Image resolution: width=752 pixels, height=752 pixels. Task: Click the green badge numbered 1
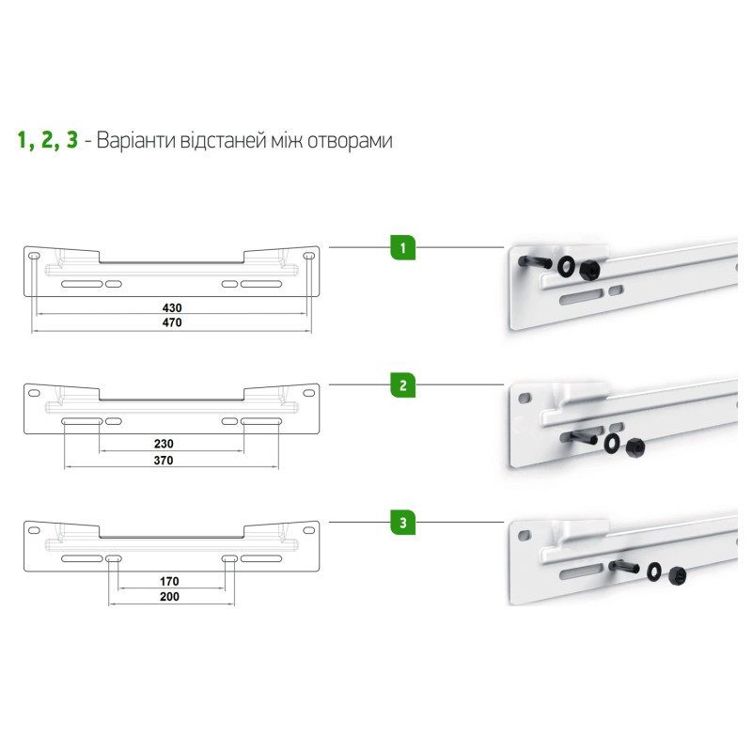pyautogui.click(x=403, y=248)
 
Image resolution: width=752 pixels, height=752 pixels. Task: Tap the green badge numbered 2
pyautogui.click(x=403, y=385)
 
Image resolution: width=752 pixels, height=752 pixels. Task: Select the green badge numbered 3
pyautogui.click(x=403, y=523)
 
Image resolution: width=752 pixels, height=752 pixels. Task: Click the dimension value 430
pyautogui.click(x=172, y=308)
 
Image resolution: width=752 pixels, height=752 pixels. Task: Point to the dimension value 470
pyautogui.click(x=172, y=322)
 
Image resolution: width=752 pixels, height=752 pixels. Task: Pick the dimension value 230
pyautogui.click(x=164, y=444)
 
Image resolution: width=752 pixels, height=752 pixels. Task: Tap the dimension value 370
pyautogui.click(x=164, y=461)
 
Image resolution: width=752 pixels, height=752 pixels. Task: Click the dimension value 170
pyautogui.click(x=169, y=581)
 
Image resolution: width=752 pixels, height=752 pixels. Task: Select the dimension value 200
pyautogui.click(x=169, y=597)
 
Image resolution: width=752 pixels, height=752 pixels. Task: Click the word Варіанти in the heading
pyautogui.click(x=135, y=141)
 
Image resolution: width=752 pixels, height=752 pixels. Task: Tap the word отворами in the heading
pyautogui.click(x=350, y=142)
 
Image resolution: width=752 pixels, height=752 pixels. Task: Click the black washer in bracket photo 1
pyautogui.click(x=568, y=266)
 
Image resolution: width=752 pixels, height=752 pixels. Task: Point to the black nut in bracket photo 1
pyautogui.click(x=589, y=271)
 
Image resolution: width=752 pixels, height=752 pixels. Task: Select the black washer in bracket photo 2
pyautogui.click(x=612, y=443)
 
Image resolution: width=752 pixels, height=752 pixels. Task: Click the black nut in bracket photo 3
pyautogui.click(x=677, y=575)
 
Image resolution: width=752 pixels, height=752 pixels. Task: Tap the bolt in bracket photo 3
pyautogui.click(x=623, y=567)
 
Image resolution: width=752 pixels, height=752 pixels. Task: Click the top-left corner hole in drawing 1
pyautogui.click(x=34, y=256)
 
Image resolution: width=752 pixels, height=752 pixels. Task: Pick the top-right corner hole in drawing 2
pyautogui.click(x=309, y=393)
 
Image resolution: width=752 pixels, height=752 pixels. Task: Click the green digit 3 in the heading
pyautogui.click(x=72, y=140)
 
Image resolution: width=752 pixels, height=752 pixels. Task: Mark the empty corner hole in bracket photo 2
pyautogui.click(x=525, y=398)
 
